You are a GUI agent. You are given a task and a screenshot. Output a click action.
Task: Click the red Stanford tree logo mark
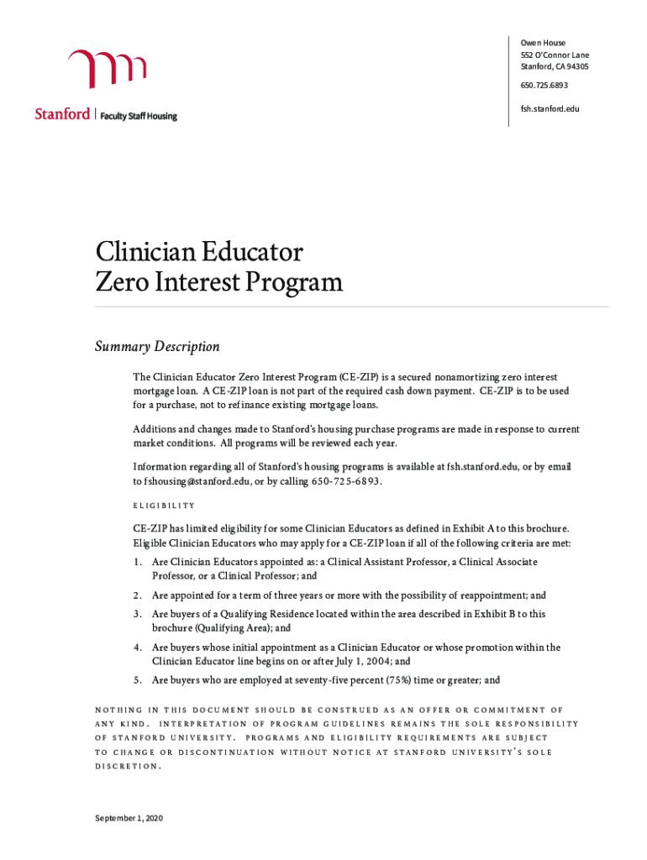(108, 69)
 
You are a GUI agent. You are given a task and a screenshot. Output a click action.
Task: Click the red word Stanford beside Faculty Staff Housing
(62, 114)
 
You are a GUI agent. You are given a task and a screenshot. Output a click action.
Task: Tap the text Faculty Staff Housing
(139, 116)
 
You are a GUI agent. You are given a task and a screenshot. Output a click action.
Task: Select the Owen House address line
(543, 43)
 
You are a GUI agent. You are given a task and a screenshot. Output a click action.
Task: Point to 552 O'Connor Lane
(555, 55)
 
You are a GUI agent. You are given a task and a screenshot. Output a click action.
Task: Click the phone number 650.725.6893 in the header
(544, 86)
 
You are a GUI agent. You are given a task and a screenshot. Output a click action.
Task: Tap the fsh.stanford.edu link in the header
(550, 108)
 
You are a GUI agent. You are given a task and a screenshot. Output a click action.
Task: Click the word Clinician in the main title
(146, 252)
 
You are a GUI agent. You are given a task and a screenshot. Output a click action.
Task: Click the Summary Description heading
(157, 347)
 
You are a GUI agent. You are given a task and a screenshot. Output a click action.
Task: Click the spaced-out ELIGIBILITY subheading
(164, 506)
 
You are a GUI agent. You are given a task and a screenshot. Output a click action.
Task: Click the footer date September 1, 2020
(129, 819)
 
